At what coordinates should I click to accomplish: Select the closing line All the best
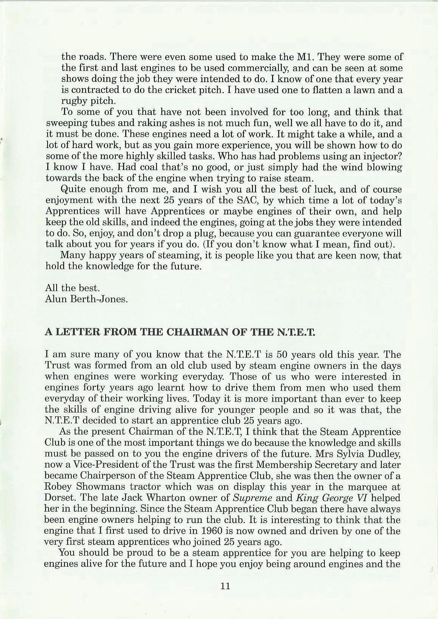click(x=72, y=288)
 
